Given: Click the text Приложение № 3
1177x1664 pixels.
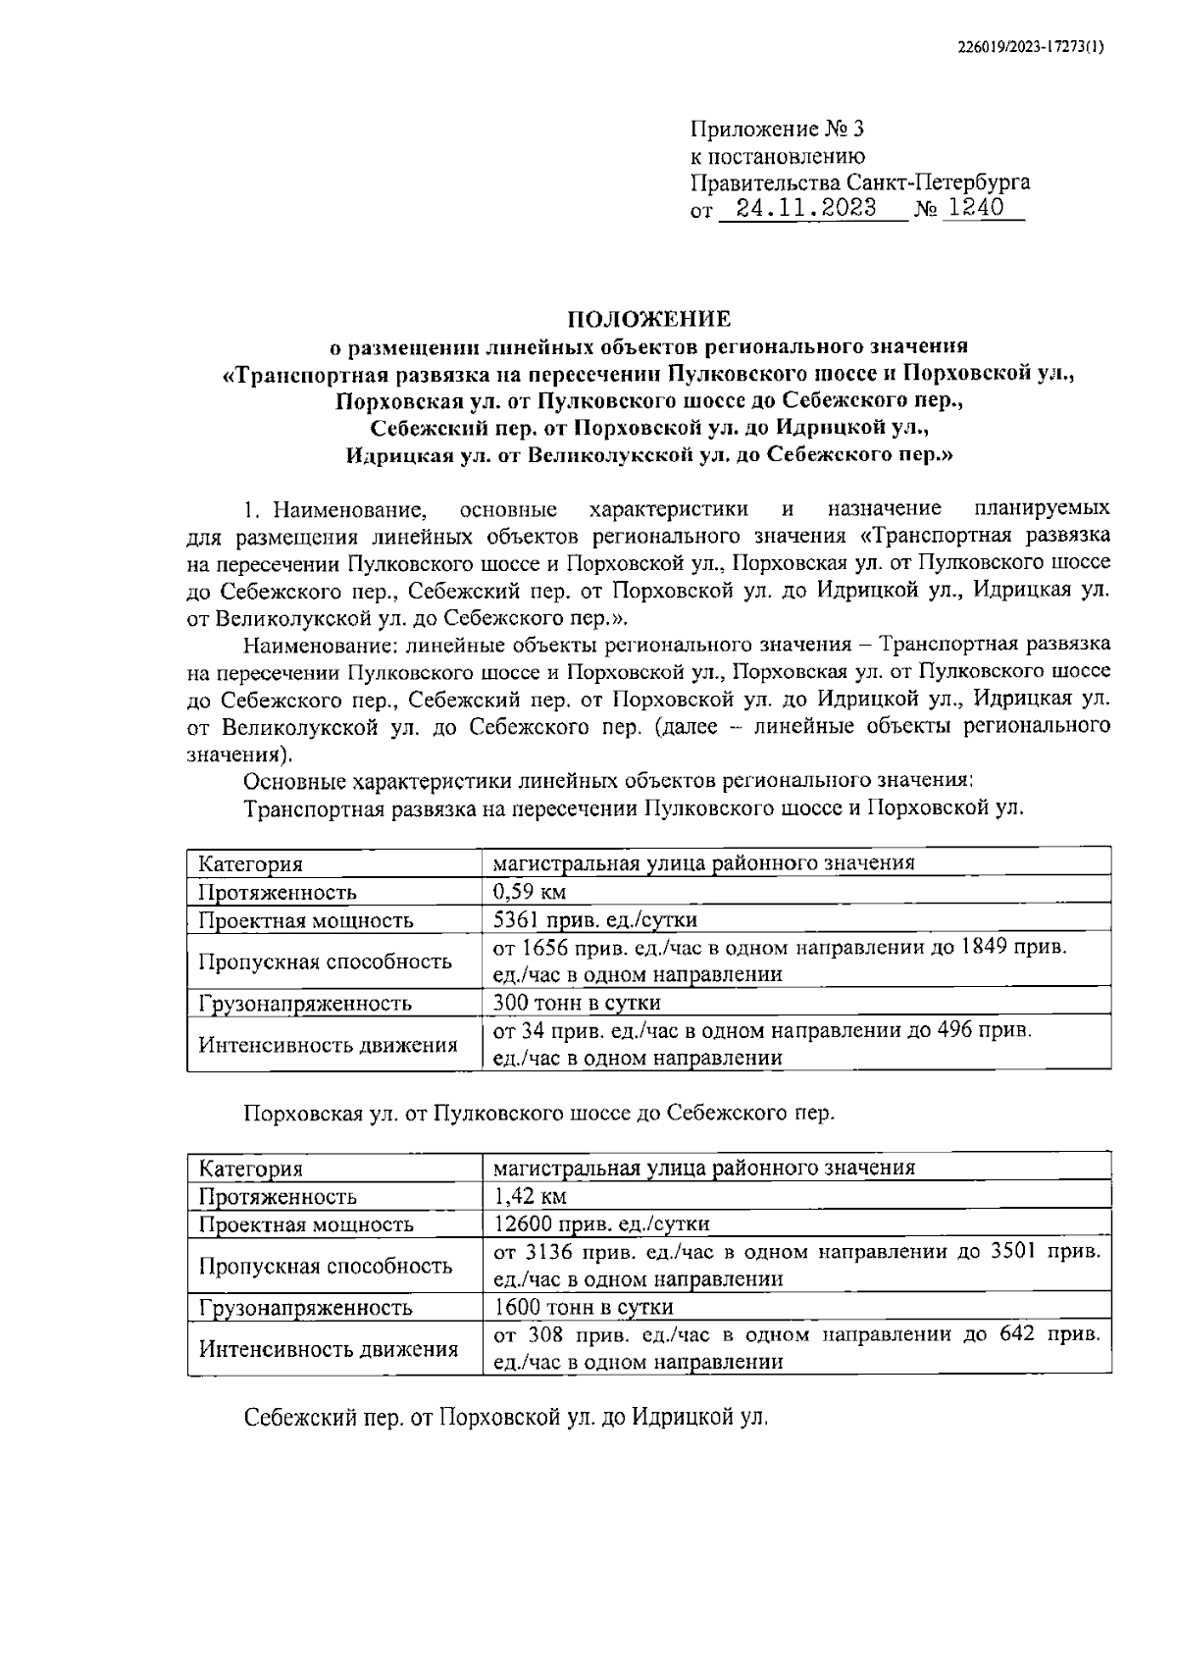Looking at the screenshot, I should click(x=779, y=130).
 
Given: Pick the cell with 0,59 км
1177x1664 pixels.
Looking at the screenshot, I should click(x=530, y=892).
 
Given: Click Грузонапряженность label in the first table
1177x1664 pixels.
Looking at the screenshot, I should click(x=304, y=1004).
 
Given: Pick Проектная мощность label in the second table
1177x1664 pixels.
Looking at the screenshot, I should click(x=305, y=1224).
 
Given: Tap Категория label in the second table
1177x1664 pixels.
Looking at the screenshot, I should click(x=250, y=1169).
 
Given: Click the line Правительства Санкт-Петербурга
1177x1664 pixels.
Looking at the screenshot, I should click(x=860, y=182).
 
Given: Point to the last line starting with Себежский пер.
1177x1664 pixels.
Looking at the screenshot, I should click(x=506, y=1419).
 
